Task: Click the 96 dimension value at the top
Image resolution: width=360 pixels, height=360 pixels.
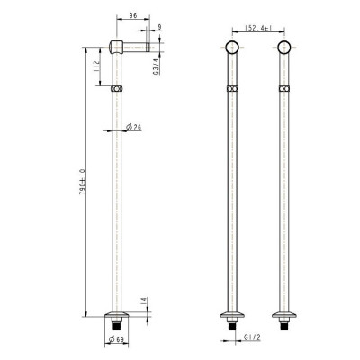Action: click(x=134, y=15)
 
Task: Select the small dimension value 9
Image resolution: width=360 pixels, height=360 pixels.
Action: click(x=159, y=29)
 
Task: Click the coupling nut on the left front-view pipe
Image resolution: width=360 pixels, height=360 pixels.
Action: click(x=231, y=90)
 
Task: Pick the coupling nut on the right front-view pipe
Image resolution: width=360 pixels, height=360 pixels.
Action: click(x=285, y=90)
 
